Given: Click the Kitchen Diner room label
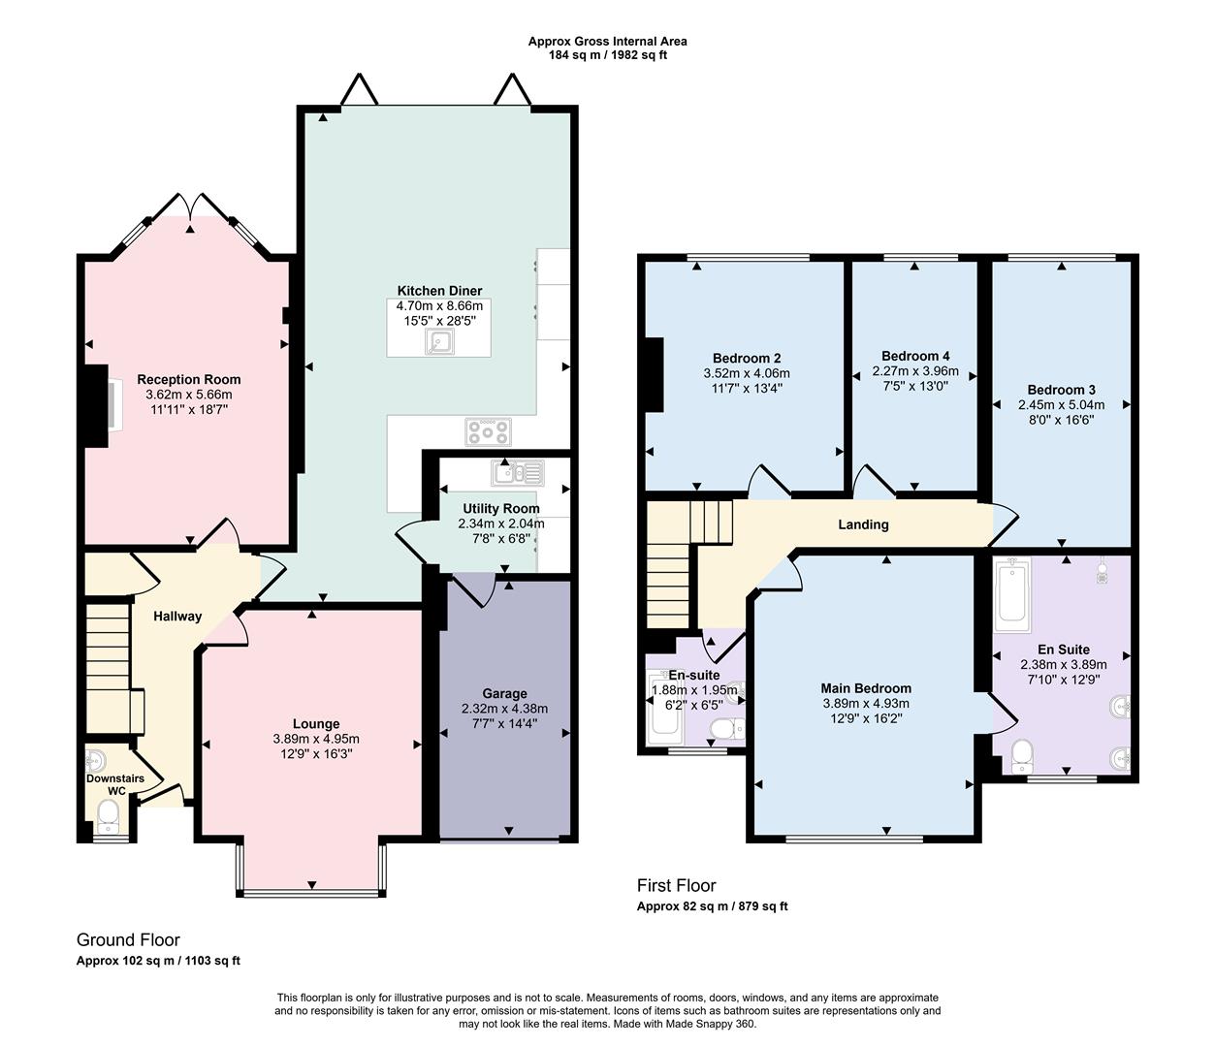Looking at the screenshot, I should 439,291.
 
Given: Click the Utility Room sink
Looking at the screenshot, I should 518,473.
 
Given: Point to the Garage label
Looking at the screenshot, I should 504,693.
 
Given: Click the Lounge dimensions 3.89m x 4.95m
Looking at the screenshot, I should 316,739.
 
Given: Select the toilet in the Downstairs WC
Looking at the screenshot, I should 109,825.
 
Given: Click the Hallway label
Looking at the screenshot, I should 177,616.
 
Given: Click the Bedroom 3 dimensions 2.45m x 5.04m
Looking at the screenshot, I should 1061,405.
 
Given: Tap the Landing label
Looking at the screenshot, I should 863,524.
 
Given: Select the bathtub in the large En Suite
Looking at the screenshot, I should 1014,592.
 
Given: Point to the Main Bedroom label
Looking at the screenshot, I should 866,688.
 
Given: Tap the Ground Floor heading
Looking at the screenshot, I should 128,939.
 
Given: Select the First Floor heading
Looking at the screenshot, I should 676,885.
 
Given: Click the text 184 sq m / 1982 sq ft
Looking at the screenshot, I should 607,55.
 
